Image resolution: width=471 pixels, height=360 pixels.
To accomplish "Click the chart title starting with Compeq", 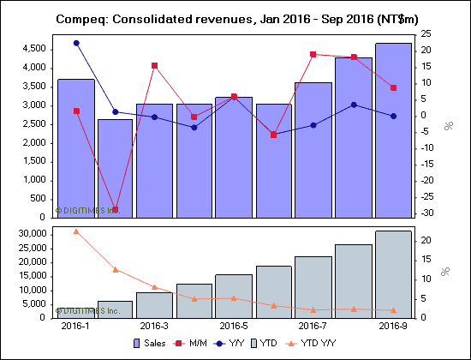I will (x=235, y=17).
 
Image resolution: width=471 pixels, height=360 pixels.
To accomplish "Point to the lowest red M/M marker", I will (x=116, y=210).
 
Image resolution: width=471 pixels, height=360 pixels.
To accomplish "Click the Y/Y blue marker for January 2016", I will (x=76, y=43).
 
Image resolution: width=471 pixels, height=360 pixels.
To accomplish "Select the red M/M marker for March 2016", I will (x=155, y=65).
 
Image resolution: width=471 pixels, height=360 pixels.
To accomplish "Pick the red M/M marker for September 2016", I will (x=393, y=87).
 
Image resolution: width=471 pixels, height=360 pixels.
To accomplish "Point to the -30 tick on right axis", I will (x=426, y=213).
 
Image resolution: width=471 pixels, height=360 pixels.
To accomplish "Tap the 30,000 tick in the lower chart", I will (x=32, y=233).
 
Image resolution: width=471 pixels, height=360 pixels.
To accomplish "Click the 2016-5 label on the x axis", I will (x=234, y=327).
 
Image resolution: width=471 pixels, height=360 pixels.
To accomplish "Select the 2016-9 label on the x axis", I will (x=393, y=327).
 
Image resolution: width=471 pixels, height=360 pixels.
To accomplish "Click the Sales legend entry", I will (x=172, y=345).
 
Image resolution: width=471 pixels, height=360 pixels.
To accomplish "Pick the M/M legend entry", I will (x=214, y=345).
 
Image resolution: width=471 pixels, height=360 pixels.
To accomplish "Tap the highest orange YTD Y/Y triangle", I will (x=76, y=231).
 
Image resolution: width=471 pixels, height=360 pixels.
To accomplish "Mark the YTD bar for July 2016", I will (x=313, y=287).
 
